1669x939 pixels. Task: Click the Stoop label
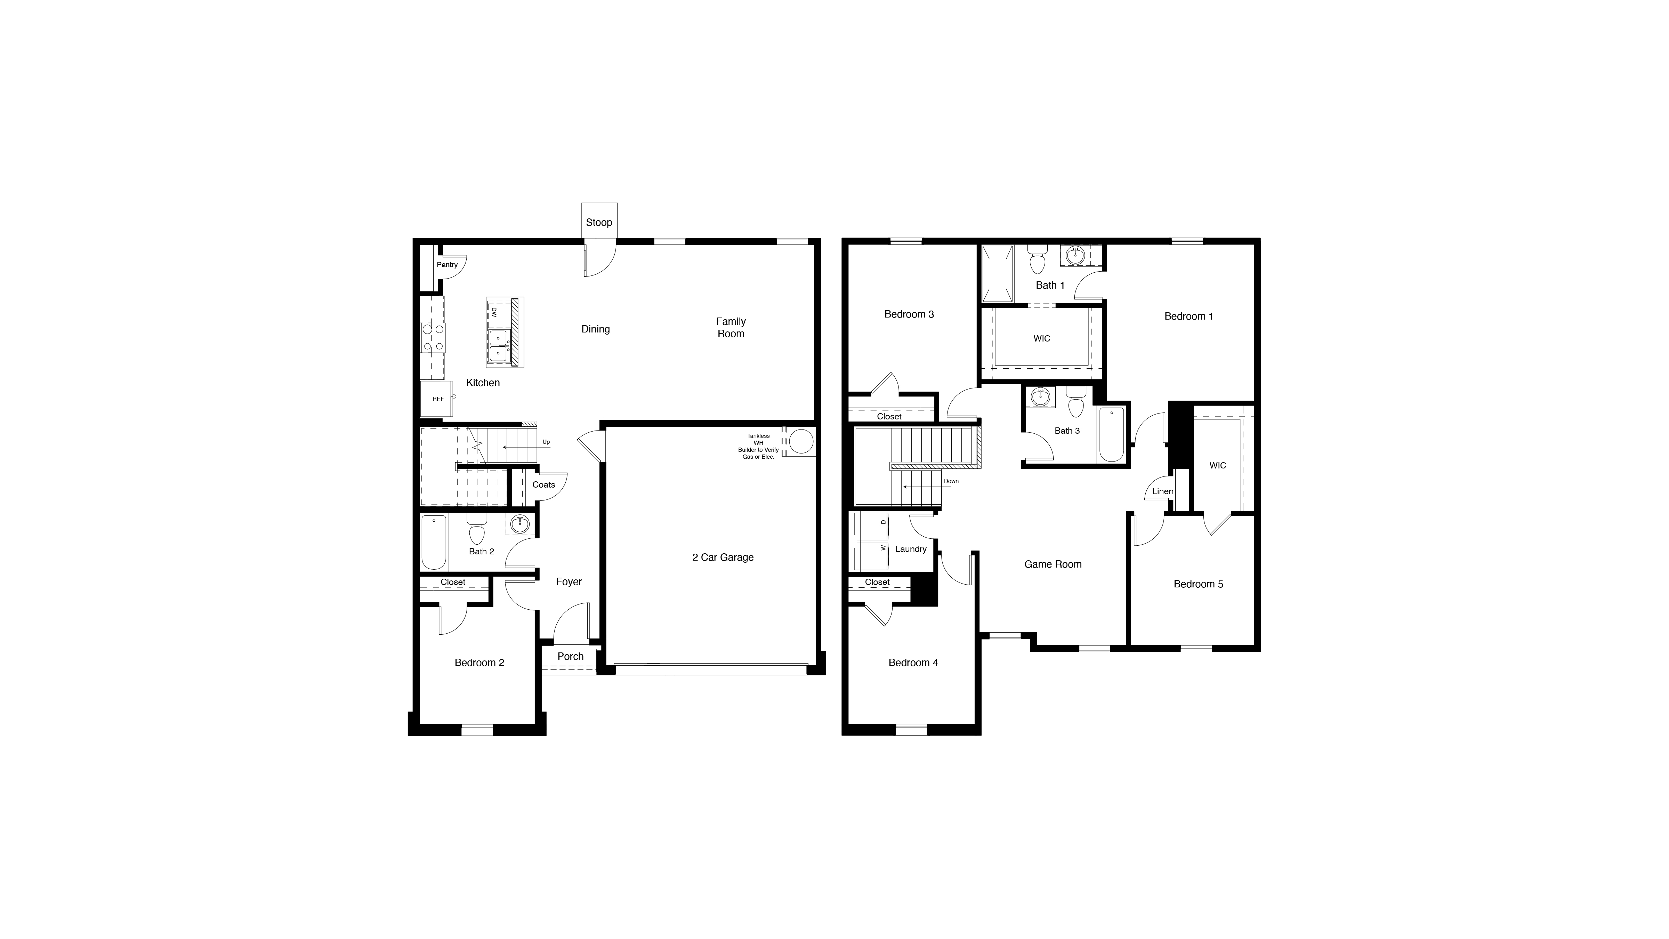coord(599,222)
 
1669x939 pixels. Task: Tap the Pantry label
coord(447,264)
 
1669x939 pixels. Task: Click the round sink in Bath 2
coord(519,524)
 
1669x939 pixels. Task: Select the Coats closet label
coord(543,485)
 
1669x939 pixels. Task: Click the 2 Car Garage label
coord(723,557)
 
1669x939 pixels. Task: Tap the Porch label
coord(570,657)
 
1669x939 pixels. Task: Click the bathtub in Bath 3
coord(1112,434)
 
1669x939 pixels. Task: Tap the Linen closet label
coord(1162,491)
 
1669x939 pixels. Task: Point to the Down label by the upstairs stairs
coord(951,481)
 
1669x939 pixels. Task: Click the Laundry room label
coord(910,549)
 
